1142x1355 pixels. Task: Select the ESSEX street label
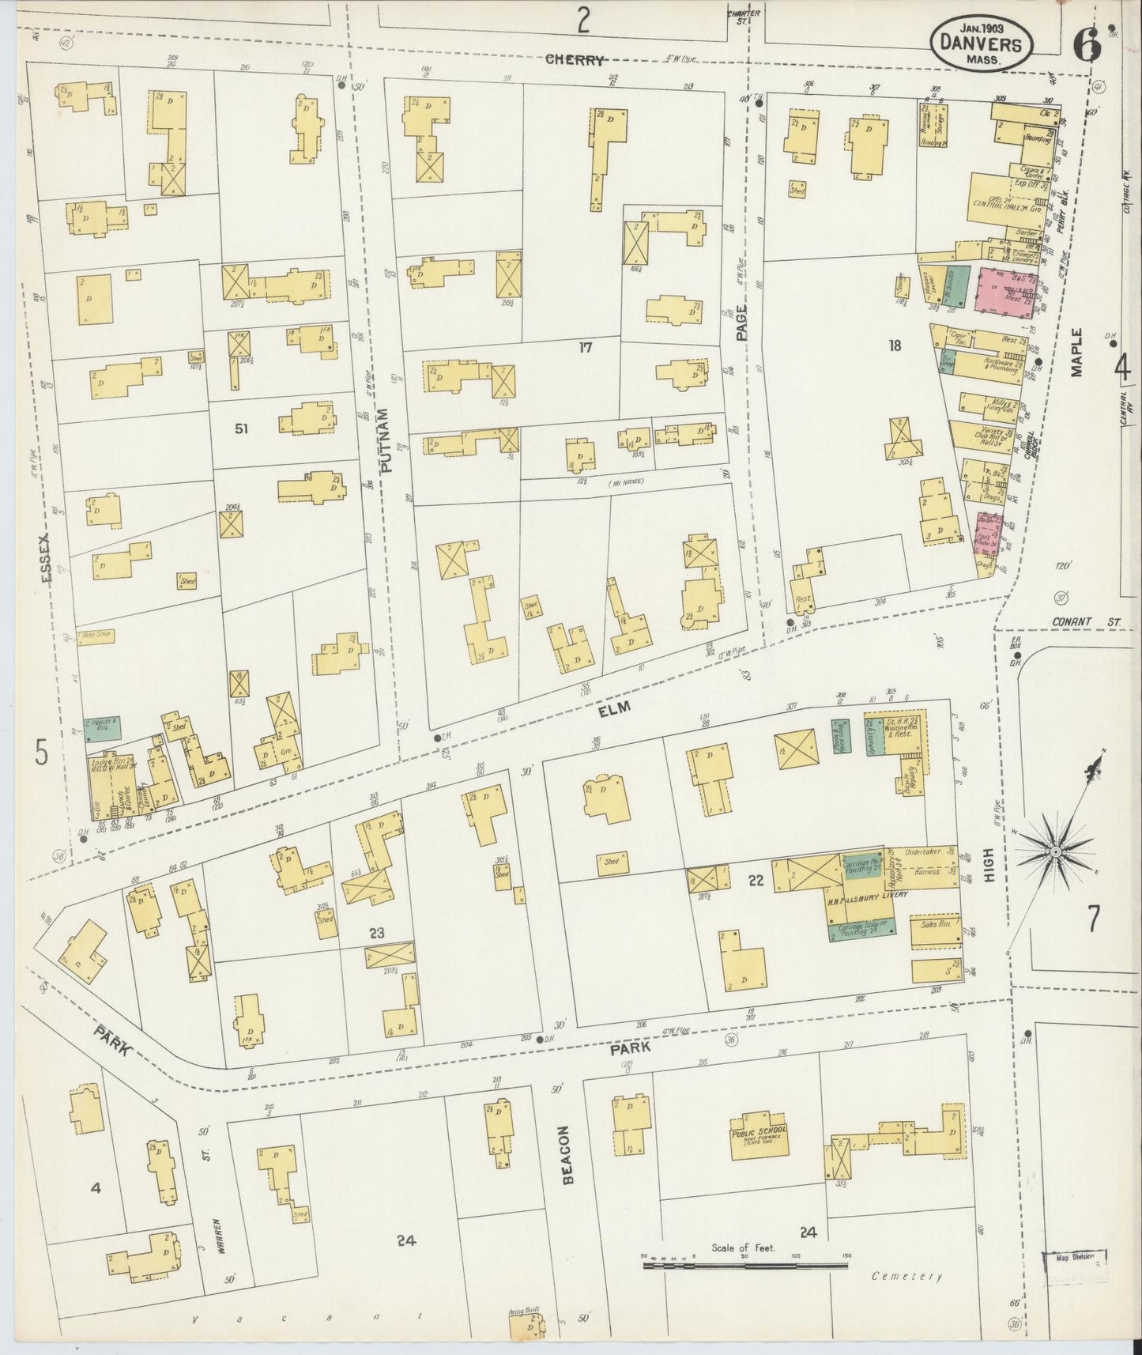pyautogui.click(x=46, y=557)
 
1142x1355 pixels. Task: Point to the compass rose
pyautogui.click(x=1057, y=851)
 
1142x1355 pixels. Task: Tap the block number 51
pyautogui.click(x=241, y=428)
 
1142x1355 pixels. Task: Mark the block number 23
pyautogui.click(x=376, y=933)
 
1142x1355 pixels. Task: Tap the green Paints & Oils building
pyautogui.click(x=104, y=729)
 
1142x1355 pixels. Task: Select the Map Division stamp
pyautogui.click(x=1074, y=1256)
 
